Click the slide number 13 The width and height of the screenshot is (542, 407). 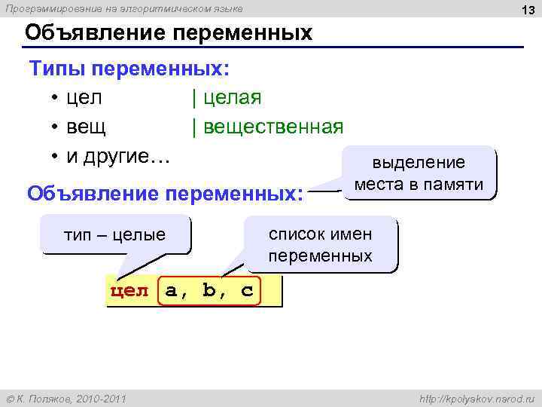point(526,8)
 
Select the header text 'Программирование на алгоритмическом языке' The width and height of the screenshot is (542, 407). point(124,8)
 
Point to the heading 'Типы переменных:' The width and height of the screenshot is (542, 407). point(129,69)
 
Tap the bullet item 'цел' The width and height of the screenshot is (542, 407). point(84,98)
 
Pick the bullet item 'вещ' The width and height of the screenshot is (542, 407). point(87,127)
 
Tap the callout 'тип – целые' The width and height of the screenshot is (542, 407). point(114,234)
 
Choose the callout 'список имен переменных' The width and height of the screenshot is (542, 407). point(321,244)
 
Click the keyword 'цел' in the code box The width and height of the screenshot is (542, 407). point(130,292)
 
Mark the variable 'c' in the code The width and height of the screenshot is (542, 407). point(247,292)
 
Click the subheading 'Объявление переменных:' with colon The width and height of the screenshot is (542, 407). point(165,193)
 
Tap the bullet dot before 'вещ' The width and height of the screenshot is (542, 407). point(56,127)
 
